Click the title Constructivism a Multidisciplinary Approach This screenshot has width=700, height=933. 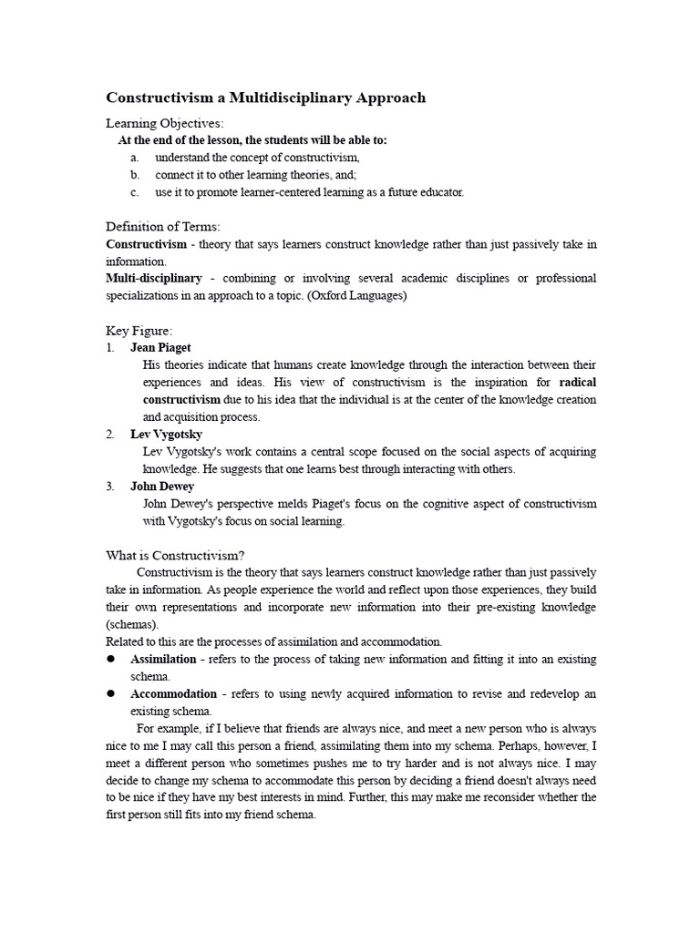(x=266, y=97)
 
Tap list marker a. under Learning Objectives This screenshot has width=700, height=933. (x=134, y=158)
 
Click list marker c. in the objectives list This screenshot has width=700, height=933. (x=134, y=192)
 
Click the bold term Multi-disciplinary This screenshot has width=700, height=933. (x=154, y=278)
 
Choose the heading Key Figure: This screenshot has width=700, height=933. (x=139, y=330)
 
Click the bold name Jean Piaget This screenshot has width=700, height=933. (x=161, y=347)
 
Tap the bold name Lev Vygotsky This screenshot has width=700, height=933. (x=167, y=435)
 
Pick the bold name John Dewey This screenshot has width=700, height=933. (x=162, y=487)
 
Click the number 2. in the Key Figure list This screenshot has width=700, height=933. (x=110, y=435)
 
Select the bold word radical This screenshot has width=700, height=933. (x=578, y=382)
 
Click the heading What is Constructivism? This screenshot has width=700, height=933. (x=175, y=555)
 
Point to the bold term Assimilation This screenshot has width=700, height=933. (x=163, y=659)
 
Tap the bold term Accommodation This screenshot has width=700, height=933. (x=172, y=693)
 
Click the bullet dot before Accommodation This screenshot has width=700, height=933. (x=111, y=693)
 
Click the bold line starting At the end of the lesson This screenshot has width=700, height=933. (x=252, y=140)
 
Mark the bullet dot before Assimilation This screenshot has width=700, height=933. (x=111, y=659)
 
